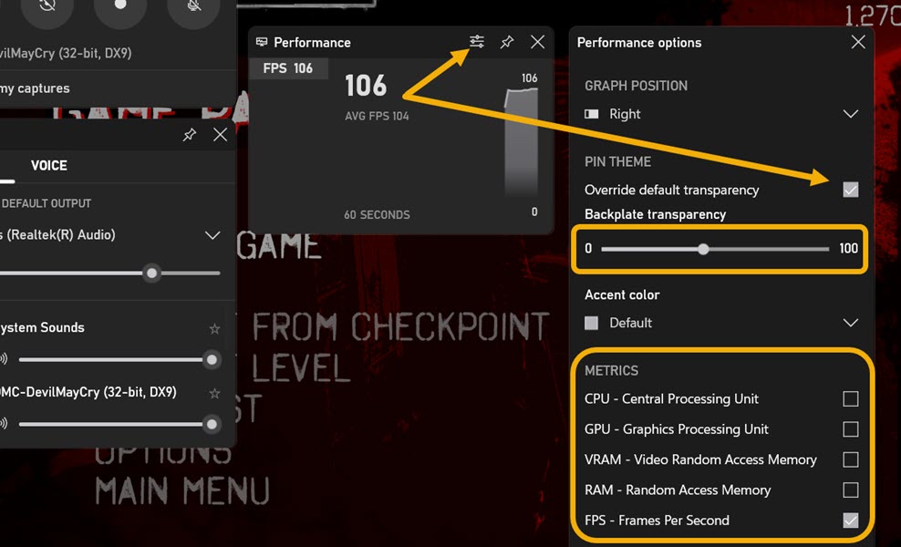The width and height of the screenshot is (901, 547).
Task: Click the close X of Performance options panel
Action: click(x=858, y=42)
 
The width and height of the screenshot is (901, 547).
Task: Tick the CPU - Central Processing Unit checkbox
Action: click(x=851, y=398)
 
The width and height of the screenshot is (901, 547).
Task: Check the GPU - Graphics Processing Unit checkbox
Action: click(x=851, y=429)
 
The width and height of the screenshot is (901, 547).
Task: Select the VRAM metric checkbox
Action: click(x=851, y=459)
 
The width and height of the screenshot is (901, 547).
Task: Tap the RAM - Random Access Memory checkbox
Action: click(x=851, y=490)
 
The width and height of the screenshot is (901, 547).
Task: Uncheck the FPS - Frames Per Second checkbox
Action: click(x=851, y=521)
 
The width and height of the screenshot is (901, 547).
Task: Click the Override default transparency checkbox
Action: click(x=851, y=190)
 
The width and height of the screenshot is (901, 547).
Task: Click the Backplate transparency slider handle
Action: click(x=703, y=248)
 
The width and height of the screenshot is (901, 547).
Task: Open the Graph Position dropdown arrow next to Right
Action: click(x=851, y=114)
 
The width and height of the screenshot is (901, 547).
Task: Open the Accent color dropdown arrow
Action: click(x=851, y=323)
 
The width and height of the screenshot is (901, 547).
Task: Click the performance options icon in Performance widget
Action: click(x=477, y=42)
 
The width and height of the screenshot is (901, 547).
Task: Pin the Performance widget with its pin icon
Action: click(x=507, y=42)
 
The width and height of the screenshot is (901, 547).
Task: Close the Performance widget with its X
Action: click(x=538, y=42)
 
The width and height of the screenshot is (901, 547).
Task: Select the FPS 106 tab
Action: click(x=287, y=68)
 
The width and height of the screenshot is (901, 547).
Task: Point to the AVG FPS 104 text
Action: click(x=377, y=117)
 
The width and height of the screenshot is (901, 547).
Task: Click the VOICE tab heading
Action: click(x=49, y=165)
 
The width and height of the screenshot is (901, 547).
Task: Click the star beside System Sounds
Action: click(x=215, y=328)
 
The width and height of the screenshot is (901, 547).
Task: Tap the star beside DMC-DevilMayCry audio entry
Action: click(x=215, y=393)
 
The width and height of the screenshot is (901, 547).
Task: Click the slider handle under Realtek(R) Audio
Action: click(x=152, y=273)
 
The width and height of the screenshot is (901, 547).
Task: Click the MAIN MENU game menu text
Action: click(x=182, y=490)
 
